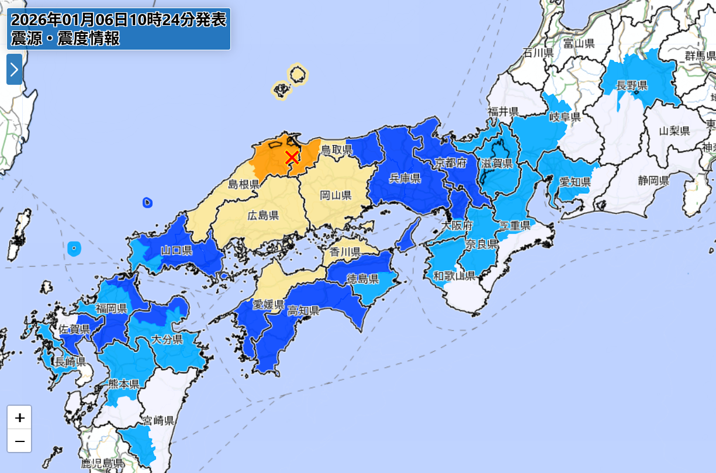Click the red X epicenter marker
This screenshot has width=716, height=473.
(292, 157)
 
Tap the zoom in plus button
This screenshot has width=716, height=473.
(19, 417)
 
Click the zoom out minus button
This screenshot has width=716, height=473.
(19, 441)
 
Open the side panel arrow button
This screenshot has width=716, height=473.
(14, 70)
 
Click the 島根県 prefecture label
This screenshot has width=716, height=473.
(243, 185)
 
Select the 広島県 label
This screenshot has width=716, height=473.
(262, 215)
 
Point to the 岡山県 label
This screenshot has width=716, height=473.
(335, 195)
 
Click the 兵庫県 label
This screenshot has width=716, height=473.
(406, 178)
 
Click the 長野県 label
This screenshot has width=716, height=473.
(632, 86)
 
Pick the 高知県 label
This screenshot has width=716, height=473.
(303, 310)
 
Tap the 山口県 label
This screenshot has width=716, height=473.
(177, 251)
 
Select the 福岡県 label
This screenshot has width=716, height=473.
(111, 308)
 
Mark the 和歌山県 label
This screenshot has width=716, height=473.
(454, 275)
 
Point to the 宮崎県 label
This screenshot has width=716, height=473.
(158, 420)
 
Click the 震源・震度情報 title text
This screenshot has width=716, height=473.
(65, 39)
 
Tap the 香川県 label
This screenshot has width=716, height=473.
(345, 252)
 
